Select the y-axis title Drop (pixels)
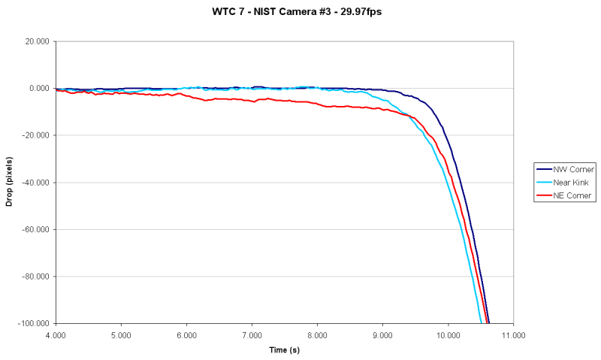coord(10,181)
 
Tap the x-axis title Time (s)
coord(285,349)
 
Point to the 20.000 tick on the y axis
coord(37,41)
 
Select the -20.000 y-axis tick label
coord(35,135)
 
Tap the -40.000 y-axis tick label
coord(35,183)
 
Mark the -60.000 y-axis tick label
coord(35,229)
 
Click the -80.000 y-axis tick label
coord(35,277)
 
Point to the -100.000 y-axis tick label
coord(34,323)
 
